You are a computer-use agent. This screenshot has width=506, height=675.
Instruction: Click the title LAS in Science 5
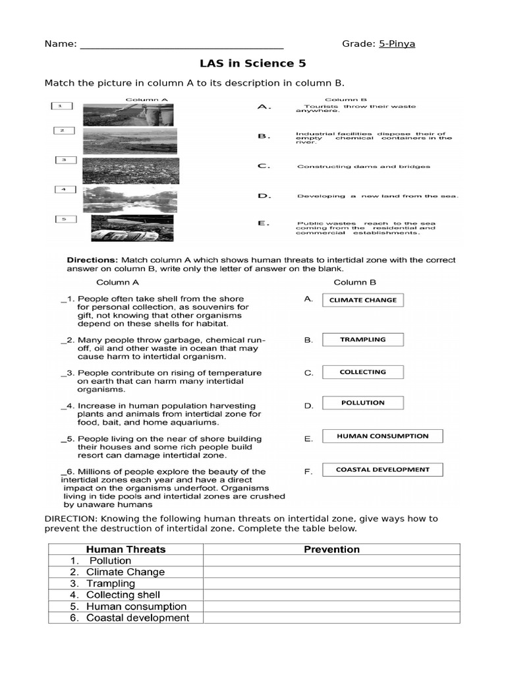point(253,64)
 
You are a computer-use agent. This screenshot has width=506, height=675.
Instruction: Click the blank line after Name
point(181,45)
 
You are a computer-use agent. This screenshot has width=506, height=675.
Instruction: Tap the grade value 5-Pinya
point(397,44)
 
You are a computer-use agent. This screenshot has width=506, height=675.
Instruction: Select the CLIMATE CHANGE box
point(362,300)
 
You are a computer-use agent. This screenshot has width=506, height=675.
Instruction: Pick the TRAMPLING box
point(362,340)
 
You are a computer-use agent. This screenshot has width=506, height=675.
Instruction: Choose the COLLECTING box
point(362,372)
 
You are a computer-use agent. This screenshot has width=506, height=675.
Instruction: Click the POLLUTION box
point(362,403)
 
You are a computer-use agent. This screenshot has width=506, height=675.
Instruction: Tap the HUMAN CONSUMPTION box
point(382,436)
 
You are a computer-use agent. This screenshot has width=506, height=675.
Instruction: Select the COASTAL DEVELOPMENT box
point(382,470)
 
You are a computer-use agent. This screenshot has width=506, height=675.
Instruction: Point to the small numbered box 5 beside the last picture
point(65,219)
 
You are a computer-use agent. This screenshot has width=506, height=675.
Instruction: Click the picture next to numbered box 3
point(128,170)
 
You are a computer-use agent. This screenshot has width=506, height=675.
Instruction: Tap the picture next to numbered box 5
point(132,228)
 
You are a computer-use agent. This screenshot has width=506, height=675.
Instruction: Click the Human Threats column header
point(126,549)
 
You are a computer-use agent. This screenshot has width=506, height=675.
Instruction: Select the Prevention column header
point(331,549)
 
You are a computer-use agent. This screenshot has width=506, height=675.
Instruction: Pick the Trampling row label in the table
point(110,583)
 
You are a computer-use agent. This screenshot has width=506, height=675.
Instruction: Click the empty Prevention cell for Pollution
point(331,561)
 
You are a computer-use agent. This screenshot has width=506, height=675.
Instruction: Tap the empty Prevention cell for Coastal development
point(331,618)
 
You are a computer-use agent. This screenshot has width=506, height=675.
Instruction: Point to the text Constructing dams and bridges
point(364,167)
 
